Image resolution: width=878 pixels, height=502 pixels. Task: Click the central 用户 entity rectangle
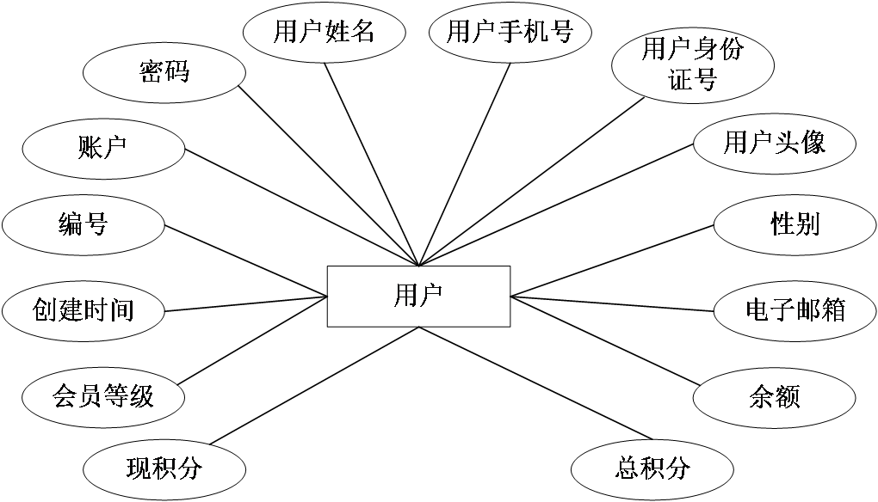(x=418, y=297)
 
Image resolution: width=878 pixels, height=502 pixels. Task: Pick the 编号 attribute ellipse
(x=83, y=225)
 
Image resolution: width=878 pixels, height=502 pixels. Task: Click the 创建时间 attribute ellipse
(x=83, y=309)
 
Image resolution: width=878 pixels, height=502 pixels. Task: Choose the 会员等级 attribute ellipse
(x=103, y=396)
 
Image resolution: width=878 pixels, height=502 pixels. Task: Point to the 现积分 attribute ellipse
(x=164, y=468)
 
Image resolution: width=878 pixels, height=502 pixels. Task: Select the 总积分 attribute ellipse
(x=653, y=468)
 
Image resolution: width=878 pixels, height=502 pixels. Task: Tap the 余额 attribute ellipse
(x=774, y=396)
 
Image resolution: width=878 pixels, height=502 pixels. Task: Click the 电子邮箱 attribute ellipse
(x=795, y=309)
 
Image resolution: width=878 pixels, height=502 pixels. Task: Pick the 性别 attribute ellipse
(x=795, y=225)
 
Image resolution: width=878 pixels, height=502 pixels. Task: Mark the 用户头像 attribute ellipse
(x=774, y=143)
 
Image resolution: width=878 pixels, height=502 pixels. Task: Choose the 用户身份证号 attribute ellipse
(x=692, y=64)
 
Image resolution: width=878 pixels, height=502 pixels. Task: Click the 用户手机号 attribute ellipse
(x=510, y=33)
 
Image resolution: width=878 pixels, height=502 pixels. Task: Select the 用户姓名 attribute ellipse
(x=324, y=33)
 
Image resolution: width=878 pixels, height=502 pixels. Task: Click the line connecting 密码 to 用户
(x=327, y=174)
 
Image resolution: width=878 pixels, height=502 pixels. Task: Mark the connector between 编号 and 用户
(x=245, y=261)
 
